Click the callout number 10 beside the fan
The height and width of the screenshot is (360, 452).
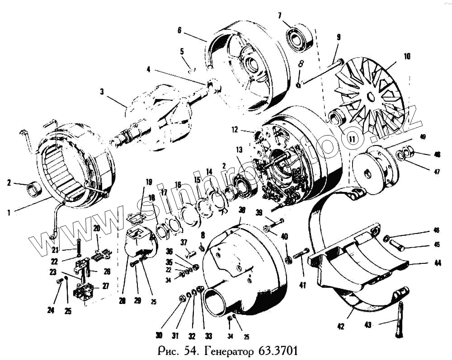pos(407,57)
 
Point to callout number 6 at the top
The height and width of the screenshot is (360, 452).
pos(179,31)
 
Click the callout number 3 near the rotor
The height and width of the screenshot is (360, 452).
pos(102,92)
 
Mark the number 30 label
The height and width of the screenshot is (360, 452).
pos(159,335)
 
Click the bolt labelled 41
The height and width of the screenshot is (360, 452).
pos(301,256)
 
